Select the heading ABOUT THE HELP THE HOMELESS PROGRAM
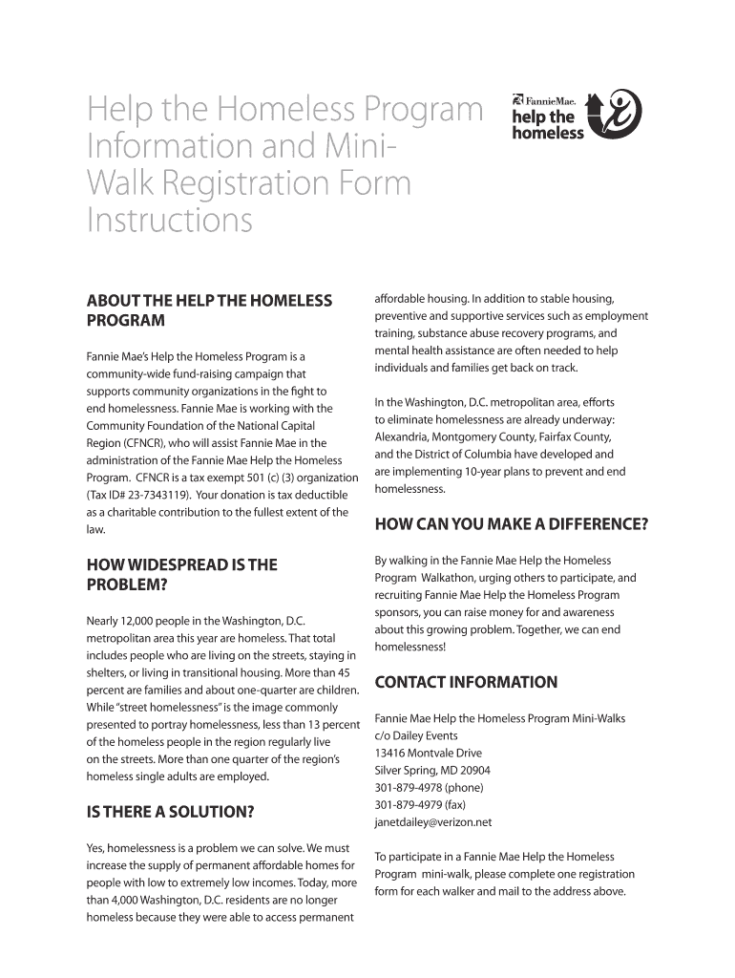(209, 310)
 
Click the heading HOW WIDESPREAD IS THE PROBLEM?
(181, 574)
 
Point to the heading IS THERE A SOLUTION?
(170, 813)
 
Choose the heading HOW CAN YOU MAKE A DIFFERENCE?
(512, 523)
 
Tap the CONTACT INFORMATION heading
(466, 682)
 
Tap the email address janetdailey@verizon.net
(433, 822)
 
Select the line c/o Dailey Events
(416, 735)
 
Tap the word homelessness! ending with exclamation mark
(409, 647)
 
